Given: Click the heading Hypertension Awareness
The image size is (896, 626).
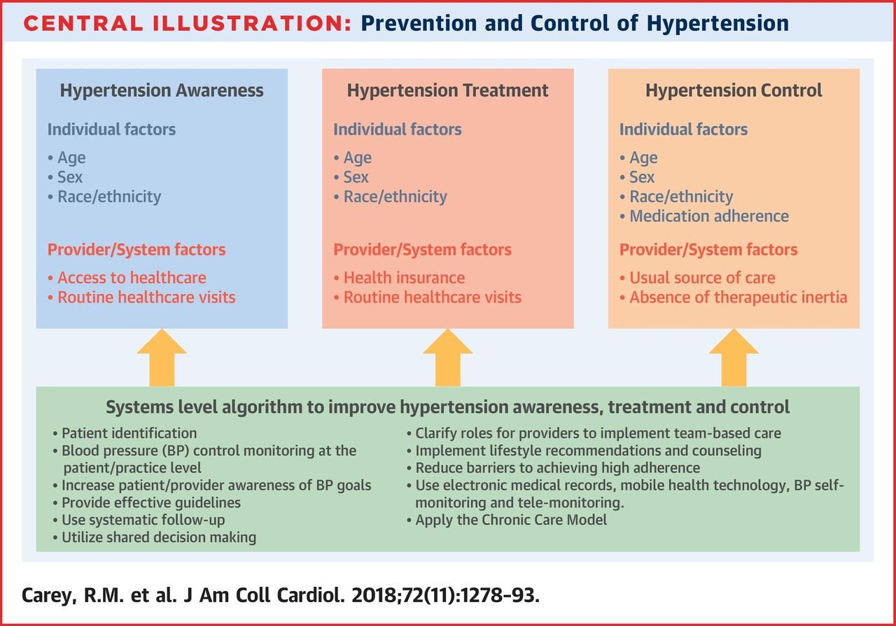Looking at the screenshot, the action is (x=162, y=90).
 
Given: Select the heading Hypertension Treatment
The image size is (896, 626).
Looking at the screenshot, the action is (x=447, y=90).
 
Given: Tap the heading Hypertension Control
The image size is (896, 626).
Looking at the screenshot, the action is (x=734, y=90).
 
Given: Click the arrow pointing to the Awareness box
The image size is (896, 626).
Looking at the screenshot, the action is (x=162, y=358).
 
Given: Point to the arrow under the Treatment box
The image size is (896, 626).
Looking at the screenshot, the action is (x=447, y=358).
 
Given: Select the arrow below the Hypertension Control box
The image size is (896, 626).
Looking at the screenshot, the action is (x=734, y=358).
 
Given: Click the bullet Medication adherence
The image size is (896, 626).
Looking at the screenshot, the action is (x=704, y=216).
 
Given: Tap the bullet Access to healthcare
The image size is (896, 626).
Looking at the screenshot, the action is (x=127, y=278).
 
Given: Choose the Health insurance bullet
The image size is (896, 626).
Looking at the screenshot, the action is (x=399, y=278).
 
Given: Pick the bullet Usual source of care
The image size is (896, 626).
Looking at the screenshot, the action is (x=697, y=278).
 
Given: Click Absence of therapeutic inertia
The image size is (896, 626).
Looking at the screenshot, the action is (x=733, y=298).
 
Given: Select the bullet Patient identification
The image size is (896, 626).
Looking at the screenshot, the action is (x=125, y=433).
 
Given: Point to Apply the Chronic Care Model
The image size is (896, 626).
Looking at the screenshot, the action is (x=507, y=520).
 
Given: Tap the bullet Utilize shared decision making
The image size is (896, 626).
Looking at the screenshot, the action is (x=155, y=537).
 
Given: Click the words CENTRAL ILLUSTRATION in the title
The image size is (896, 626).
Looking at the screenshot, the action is (x=187, y=23).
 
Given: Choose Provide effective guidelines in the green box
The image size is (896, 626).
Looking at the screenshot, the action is (x=147, y=503).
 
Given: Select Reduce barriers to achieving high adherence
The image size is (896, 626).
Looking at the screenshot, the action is (x=553, y=468).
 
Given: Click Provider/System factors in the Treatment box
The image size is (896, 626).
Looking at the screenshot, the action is (x=422, y=250).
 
